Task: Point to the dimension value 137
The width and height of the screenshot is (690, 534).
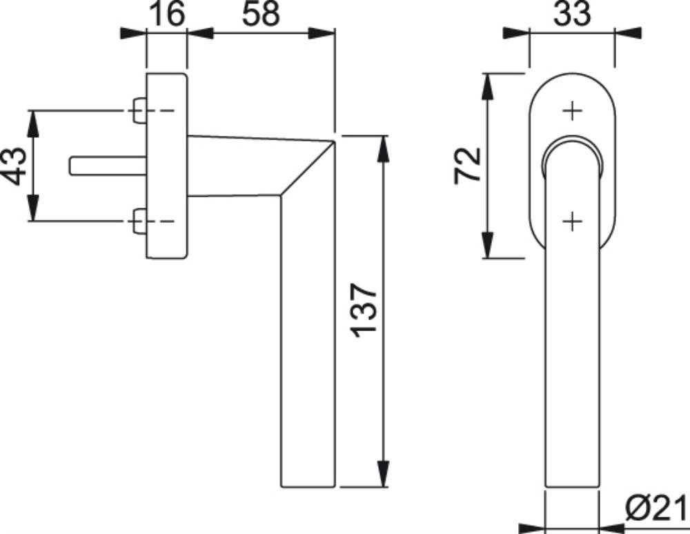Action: [x=364, y=310]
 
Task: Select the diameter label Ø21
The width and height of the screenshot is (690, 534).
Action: [x=655, y=508]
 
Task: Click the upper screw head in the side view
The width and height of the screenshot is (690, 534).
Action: [x=139, y=110]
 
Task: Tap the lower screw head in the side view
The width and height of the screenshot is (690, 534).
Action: [x=139, y=221]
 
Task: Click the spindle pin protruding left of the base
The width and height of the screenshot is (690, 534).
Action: [x=108, y=166]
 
